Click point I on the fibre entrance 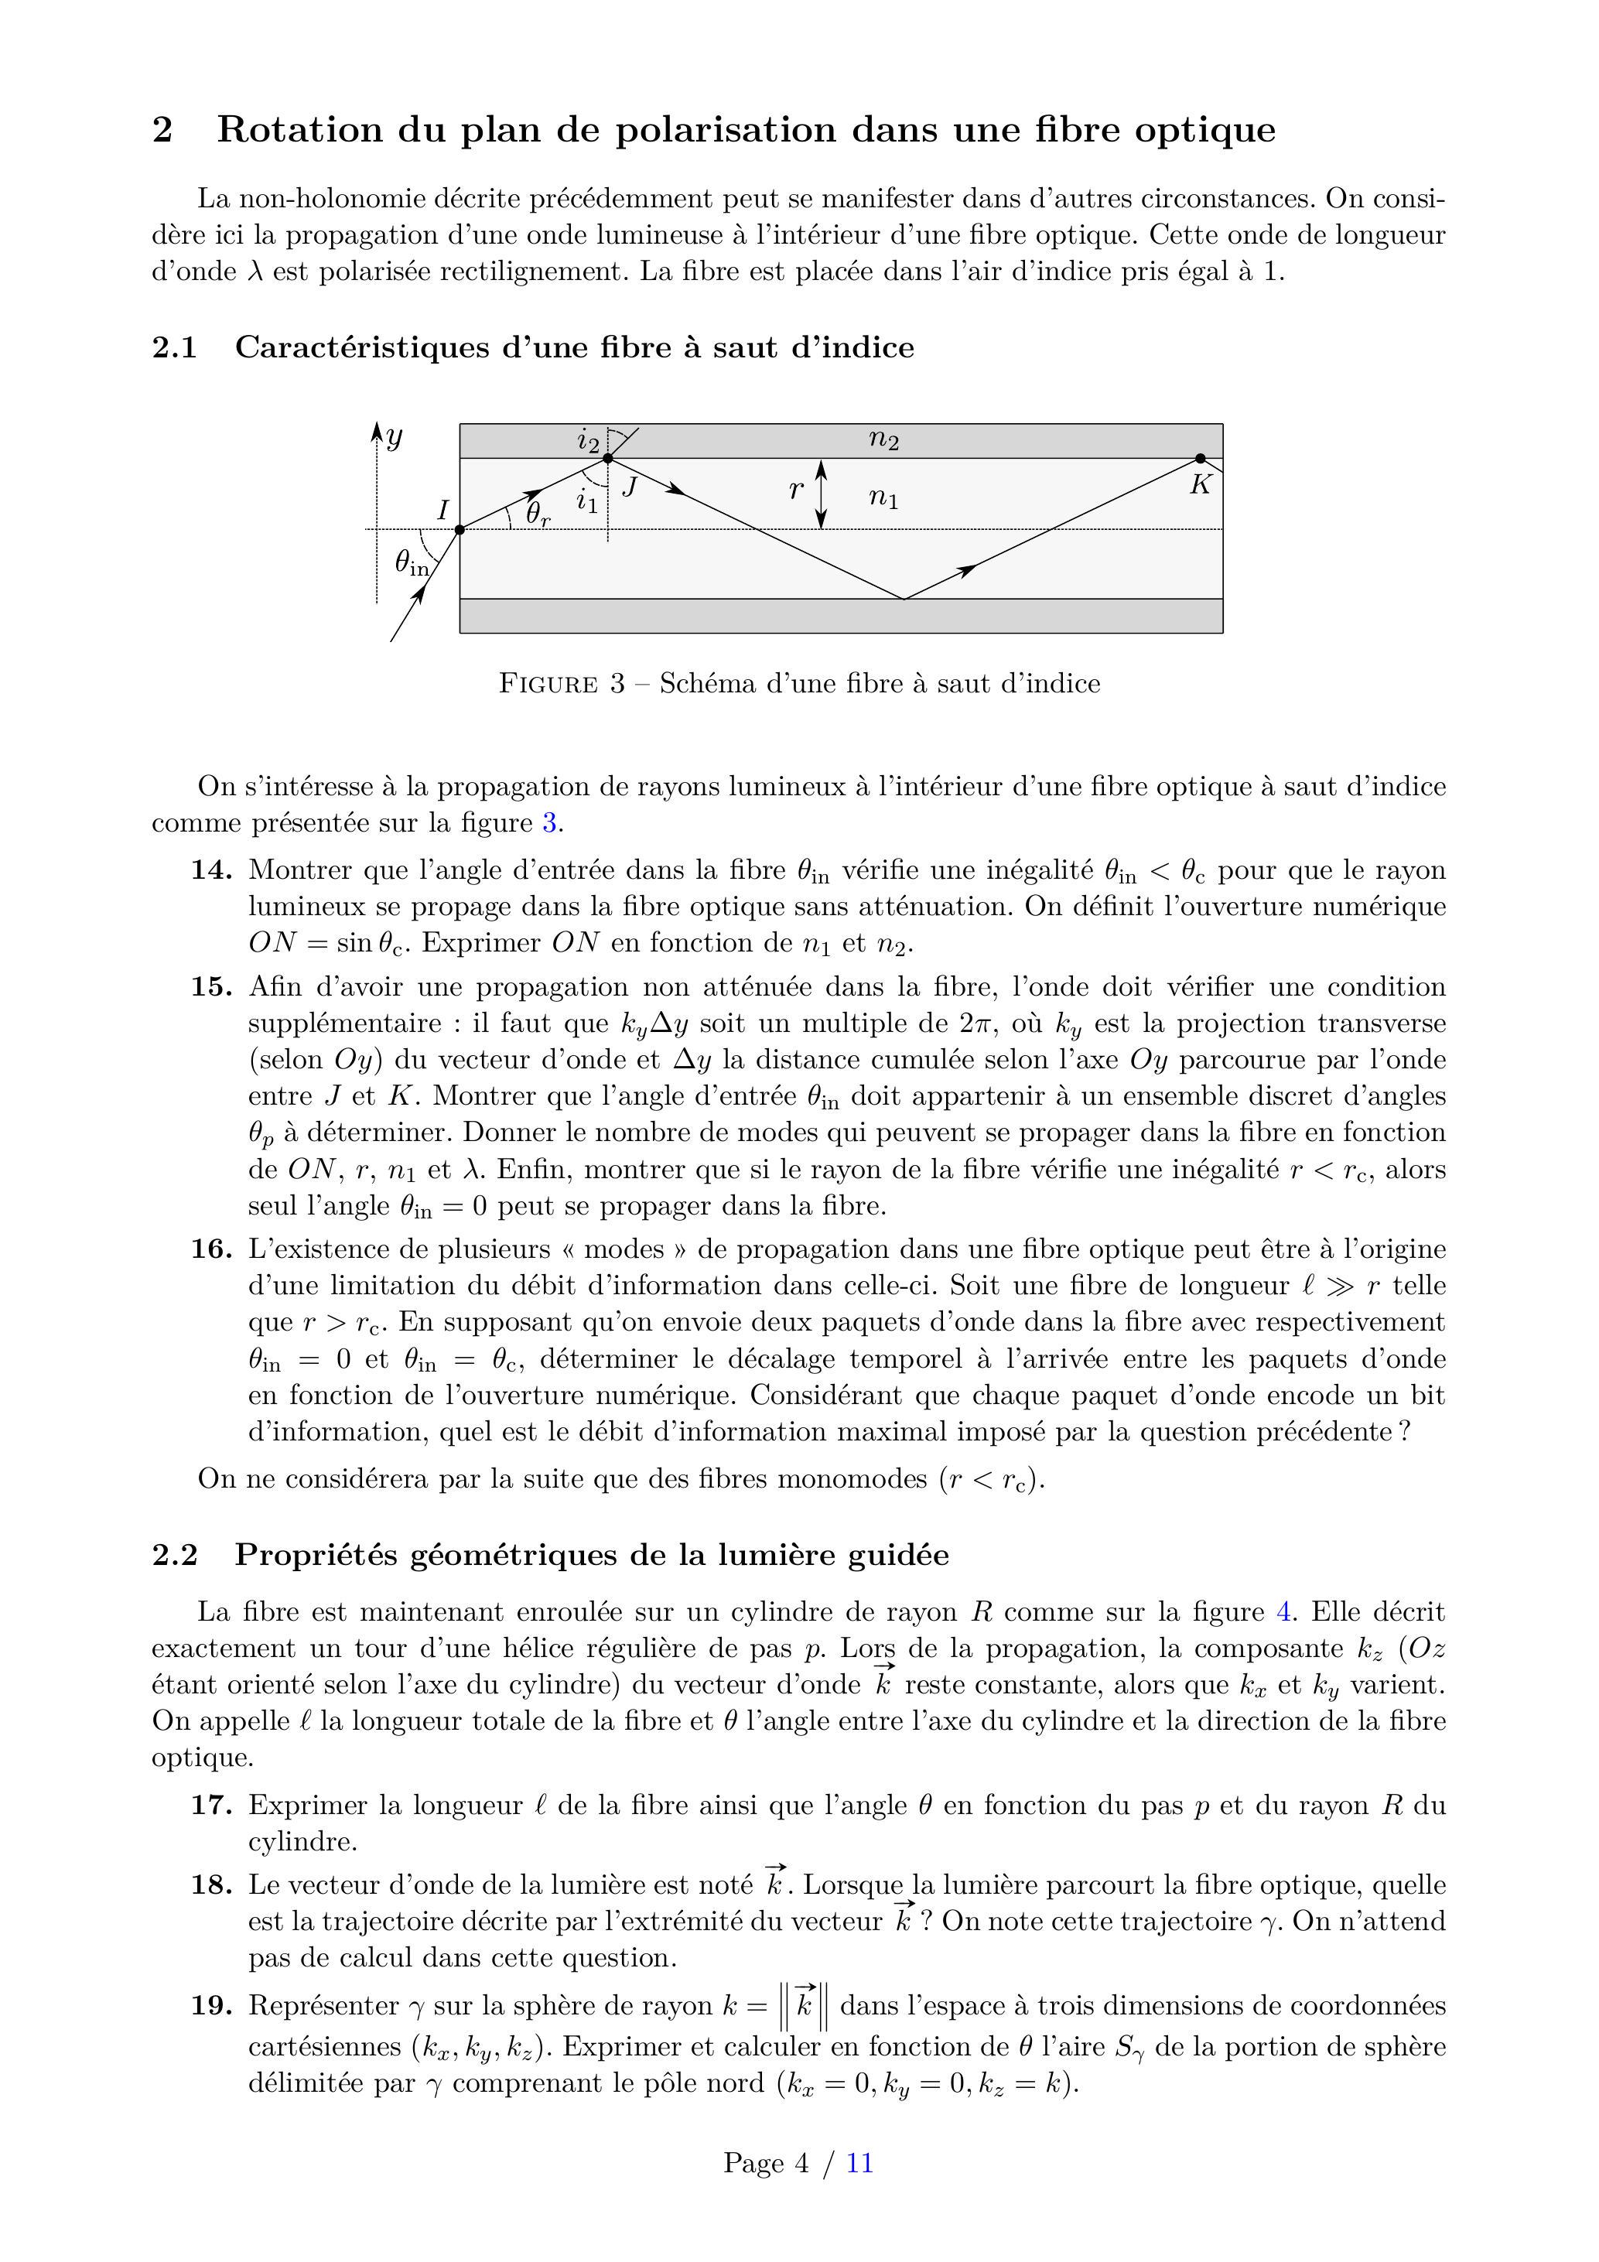tap(460, 530)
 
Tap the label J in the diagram tap(630, 486)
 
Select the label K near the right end tap(1199, 485)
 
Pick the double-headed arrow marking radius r tap(822, 494)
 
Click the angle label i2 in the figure tap(588, 439)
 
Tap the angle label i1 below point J tap(587, 501)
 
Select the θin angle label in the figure tap(412, 563)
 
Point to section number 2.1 tap(174, 348)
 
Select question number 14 tap(211, 870)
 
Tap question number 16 tap(211, 1249)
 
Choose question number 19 tap(211, 2006)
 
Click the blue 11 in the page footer tap(859, 2164)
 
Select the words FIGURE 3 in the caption tap(562, 684)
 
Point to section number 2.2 tap(174, 1555)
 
